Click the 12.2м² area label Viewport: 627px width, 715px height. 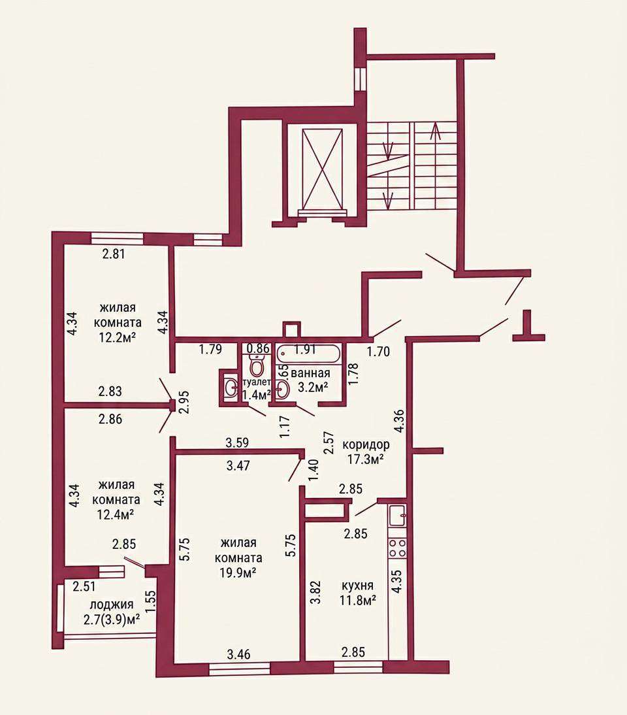point(118,337)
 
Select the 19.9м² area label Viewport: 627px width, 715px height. point(238,573)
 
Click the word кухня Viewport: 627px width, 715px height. point(358,585)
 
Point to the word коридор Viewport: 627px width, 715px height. point(366,444)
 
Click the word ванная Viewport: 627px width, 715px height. point(310,373)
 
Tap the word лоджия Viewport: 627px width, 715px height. point(112,605)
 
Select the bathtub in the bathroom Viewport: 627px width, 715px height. point(308,354)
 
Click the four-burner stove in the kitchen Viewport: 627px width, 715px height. point(396,548)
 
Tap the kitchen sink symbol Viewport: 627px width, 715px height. point(397,516)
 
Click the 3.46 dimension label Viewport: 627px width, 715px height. point(238,654)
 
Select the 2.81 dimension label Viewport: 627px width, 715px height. point(113,254)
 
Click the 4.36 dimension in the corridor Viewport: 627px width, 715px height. point(398,422)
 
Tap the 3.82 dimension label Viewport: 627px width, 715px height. point(315,592)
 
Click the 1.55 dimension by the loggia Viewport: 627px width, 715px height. point(152,601)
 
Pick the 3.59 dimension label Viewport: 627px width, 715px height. point(237,442)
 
